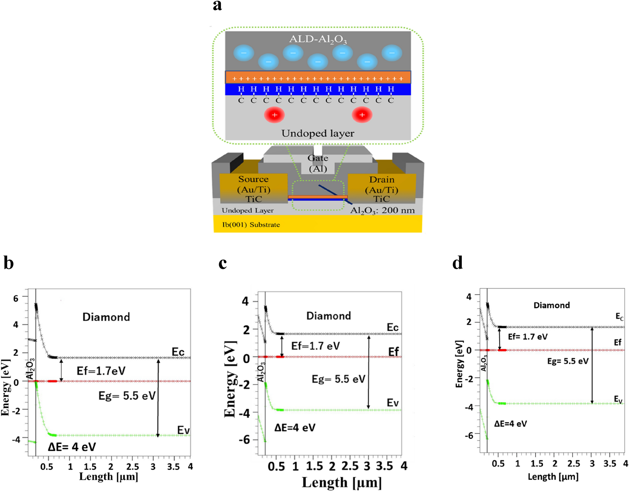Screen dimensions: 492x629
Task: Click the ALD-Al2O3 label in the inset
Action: tap(318, 39)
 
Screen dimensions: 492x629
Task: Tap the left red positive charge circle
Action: tap(274, 115)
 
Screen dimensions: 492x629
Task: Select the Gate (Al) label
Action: tap(318, 163)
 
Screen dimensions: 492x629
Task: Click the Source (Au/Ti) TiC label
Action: tap(254, 189)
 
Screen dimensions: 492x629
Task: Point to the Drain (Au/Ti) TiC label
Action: tap(382, 189)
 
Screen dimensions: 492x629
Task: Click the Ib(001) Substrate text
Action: tap(251, 225)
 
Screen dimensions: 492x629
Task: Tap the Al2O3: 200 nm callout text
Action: tap(382, 210)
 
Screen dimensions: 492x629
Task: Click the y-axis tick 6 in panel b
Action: tap(16, 298)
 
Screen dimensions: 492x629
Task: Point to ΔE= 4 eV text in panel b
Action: tap(72, 447)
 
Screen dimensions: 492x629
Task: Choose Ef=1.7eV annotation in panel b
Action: tap(101, 371)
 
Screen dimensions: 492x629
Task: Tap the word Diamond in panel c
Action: tap(328, 316)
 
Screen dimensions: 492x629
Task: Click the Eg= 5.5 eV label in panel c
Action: tap(338, 379)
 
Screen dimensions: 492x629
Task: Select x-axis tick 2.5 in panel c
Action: tap(350, 466)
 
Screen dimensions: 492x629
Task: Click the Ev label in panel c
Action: tap(393, 402)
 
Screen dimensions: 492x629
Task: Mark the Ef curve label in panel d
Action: tap(617, 342)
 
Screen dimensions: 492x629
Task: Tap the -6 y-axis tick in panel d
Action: tap(469, 435)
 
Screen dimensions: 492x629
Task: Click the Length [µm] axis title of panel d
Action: tap(553, 477)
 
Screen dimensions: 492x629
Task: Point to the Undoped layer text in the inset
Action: tap(317, 133)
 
